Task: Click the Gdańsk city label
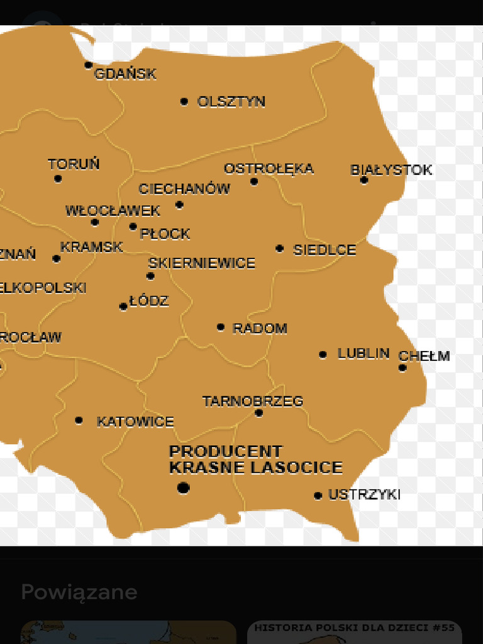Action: (125, 74)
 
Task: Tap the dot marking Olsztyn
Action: (184, 101)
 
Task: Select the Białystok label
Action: (391, 170)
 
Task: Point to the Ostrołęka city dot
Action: (254, 182)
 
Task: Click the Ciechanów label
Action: (184, 189)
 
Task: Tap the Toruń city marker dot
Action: (58, 179)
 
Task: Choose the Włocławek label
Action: (113, 211)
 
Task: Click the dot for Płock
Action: (133, 227)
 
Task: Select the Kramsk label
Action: (92, 247)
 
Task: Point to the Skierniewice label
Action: (202, 263)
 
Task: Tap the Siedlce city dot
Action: (280, 248)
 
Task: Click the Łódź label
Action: (149, 301)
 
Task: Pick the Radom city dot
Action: (221, 327)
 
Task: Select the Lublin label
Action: (364, 353)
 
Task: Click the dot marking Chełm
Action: (402, 368)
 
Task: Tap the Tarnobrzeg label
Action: (253, 401)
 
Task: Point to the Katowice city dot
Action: (79, 420)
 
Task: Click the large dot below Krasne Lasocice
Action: (183, 487)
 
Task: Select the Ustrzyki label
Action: (364, 494)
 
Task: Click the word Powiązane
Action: (79, 592)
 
